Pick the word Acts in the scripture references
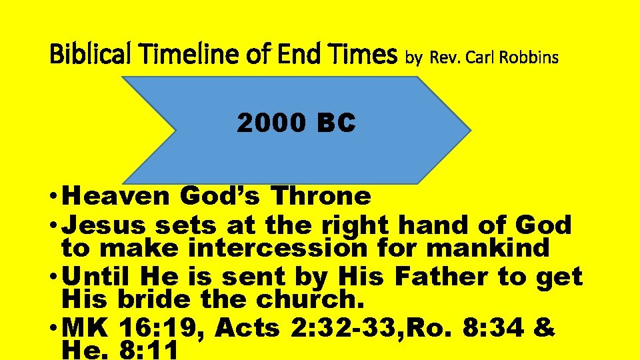[x=247, y=328]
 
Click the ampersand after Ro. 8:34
[x=543, y=328]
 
